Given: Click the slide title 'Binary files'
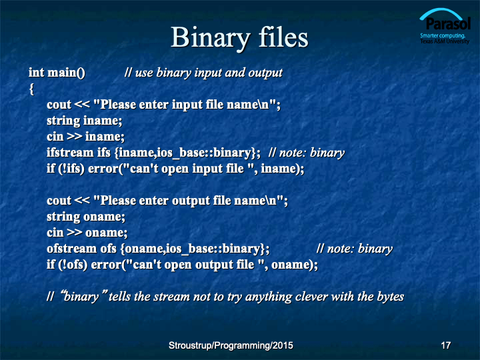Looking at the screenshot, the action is click(x=239, y=37).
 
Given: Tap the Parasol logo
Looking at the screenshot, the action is click(x=445, y=26).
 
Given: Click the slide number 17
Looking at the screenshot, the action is click(x=446, y=345).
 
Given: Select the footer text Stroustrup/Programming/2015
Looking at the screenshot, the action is click(x=231, y=345).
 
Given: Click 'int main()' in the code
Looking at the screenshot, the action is click(x=57, y=73).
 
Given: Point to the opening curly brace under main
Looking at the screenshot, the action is click(x=31, y=89).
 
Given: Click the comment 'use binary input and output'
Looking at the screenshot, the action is click(x=203, y=73).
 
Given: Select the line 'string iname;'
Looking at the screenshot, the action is click(x=85, y=121).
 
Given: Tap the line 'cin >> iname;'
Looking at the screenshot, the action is click(x=86, y=137).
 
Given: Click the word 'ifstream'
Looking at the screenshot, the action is click(x=70, y=153).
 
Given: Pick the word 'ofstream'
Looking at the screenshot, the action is click(x=71, y=248).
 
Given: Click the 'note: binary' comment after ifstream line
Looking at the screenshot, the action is click(x=307, y=153).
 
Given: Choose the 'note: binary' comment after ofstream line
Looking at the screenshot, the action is click(x=355, y=249).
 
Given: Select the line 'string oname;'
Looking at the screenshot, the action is click(x=86, y=217).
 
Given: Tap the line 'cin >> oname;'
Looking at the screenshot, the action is click(x=87, y=233).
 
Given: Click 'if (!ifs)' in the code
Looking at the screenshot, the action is click(x=65, y=169).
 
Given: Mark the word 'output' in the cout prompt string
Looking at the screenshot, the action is click(x=191, y=201).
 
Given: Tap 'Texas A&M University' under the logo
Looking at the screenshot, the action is click(x=445, y=41).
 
